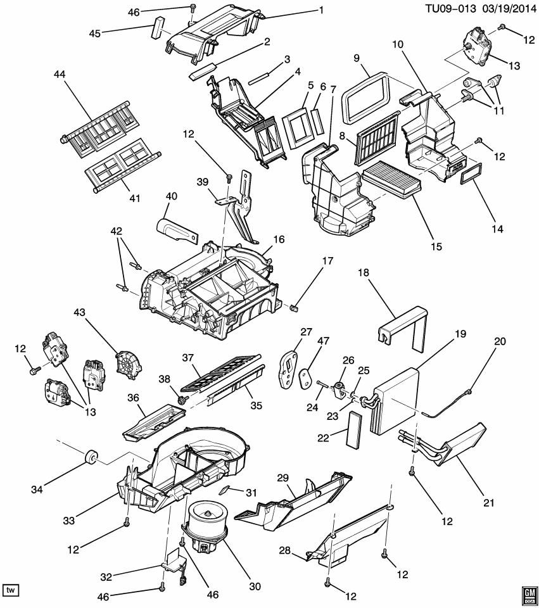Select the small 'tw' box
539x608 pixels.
[x=11, y=590]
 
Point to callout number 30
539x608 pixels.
[x=255, y=586]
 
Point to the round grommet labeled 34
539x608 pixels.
[x=91, y=456]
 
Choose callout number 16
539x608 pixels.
[x=278, y=240]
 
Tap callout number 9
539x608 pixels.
[x=356, y=58]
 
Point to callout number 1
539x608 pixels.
[x=321, y=9]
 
